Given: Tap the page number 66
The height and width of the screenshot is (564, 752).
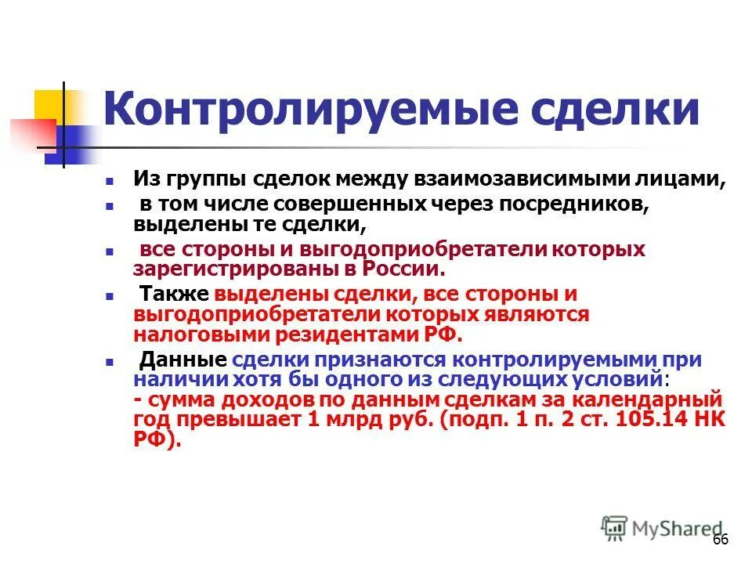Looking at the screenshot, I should [720, 540].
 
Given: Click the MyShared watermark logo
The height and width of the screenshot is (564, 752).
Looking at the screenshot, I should [663, 527].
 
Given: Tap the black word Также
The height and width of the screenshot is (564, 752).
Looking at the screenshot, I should [173, 296].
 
